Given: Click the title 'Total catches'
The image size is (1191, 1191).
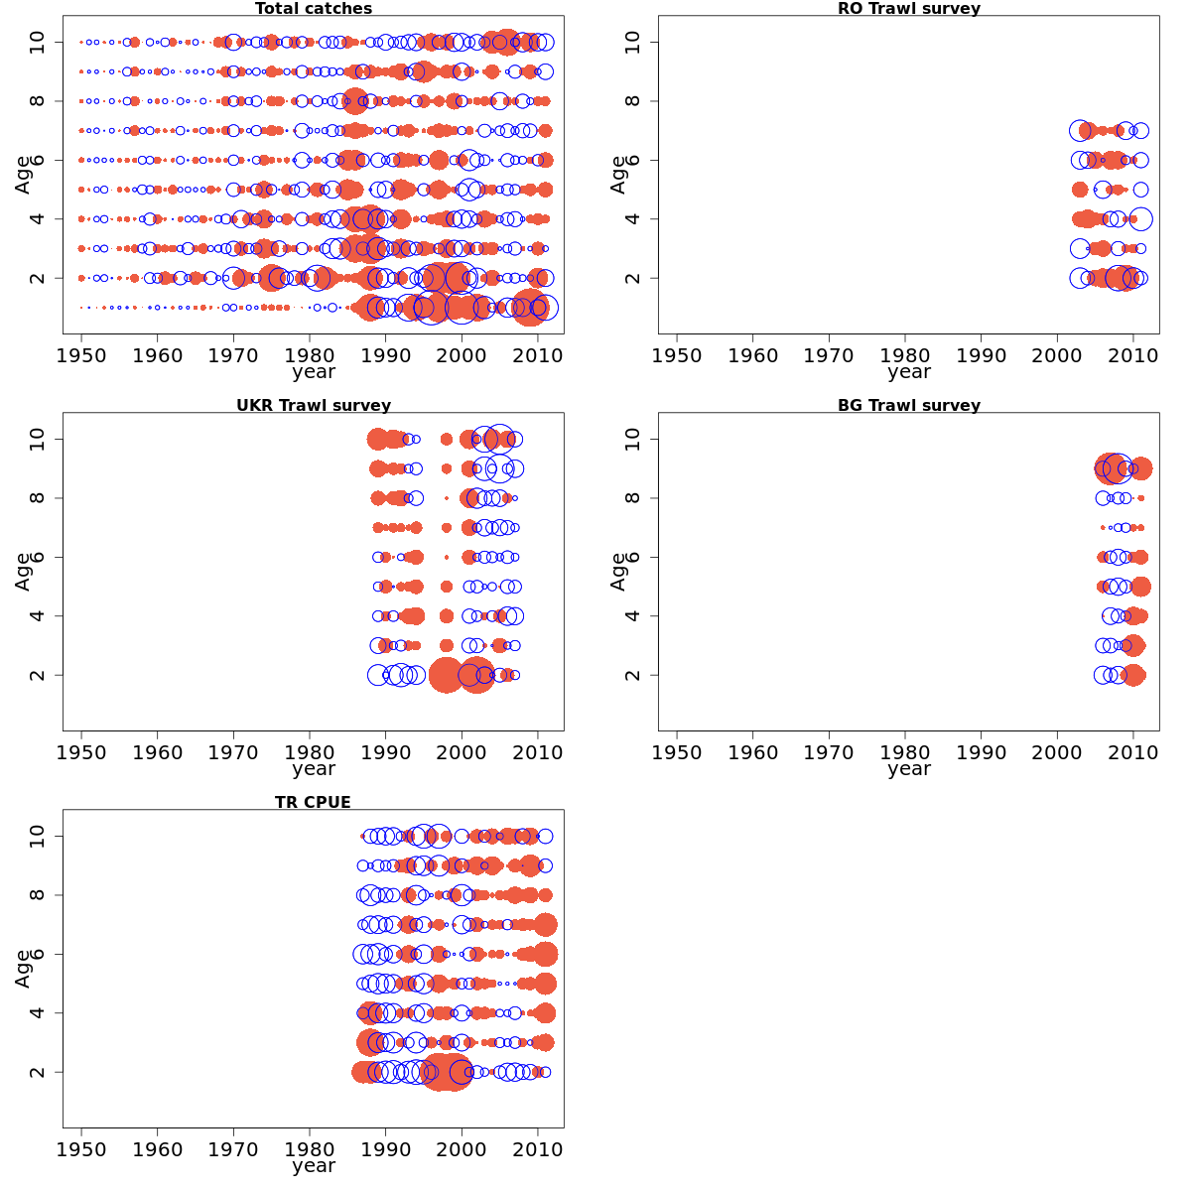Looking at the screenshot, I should (314, 9).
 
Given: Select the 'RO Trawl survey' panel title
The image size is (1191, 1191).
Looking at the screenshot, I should (909, 9).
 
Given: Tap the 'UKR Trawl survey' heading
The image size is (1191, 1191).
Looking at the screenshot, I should (314, 406).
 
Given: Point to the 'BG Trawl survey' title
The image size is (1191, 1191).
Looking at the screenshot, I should (909, 406).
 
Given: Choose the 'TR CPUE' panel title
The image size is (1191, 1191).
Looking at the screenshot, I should (314, 803).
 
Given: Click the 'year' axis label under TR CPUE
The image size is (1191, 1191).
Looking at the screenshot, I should (314, 1166).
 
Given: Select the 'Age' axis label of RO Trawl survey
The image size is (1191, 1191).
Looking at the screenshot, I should (618, 175).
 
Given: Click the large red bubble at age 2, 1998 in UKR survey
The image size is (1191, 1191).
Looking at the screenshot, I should (446, 675).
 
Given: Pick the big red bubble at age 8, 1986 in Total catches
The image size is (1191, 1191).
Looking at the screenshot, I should (355, 101).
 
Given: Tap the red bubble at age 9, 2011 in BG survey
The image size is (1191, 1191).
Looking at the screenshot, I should (1140, 468).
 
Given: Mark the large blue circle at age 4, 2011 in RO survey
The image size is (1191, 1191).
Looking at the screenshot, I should (1140, 219).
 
